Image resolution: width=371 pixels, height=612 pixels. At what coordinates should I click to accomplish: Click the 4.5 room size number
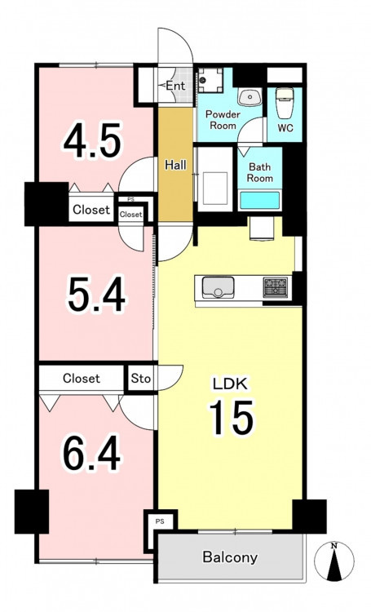click(x=92, y=141)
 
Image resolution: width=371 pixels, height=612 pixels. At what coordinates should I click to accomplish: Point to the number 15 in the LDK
click(x=232, y=418)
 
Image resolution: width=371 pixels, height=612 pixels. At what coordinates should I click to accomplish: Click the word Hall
click(x=175, y=165)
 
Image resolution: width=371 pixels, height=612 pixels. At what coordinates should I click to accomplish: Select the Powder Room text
click(x=223, y=120)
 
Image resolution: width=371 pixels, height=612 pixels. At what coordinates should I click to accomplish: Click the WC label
click(x=285, y=128)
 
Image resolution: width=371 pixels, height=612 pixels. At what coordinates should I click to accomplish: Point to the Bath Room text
click(x=260, y=172)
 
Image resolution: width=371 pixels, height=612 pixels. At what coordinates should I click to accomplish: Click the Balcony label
click(x=230, y=557)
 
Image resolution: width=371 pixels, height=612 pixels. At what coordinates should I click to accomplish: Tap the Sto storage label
click(x=141, y=378)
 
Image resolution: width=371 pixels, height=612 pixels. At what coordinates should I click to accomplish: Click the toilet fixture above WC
click(x=285, y=102)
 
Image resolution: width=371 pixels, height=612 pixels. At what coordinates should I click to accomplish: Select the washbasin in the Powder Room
click(x=249, y=98)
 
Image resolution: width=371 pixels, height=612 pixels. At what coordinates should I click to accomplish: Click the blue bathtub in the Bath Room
click(x=260, y=200)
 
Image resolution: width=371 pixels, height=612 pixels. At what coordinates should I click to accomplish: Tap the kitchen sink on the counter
click(x=218, y=288)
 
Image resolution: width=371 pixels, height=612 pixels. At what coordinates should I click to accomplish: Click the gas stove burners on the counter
click(x=276, y=288)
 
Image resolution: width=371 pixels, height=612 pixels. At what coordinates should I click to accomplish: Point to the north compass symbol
click(x=334, y=561)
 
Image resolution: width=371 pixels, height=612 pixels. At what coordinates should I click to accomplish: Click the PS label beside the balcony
click(x=160, y=521)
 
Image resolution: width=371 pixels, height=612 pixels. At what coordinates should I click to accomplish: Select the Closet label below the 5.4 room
click(x=82, y=378)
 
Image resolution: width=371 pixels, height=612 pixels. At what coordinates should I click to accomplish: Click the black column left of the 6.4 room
click(x=32, y=512)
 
